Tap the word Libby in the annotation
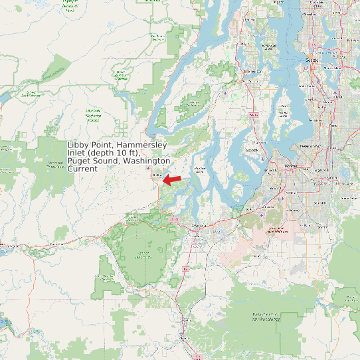[x=79, y=145]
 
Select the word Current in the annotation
[x=82, y=169]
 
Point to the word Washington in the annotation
[x=147, y=161]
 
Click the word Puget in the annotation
[x=79, y=161]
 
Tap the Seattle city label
[x=312, y=60]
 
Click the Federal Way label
[x=310, y=145]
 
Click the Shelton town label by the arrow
[x=157, y=175]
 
